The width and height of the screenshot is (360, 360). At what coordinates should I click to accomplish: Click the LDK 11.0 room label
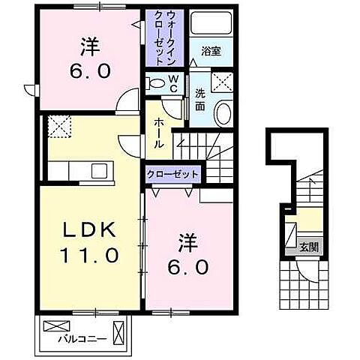[x=87, y=241]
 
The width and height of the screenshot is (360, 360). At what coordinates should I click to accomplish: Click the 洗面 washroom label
[x=200, y=100]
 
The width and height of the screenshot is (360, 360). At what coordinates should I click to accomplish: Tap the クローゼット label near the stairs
[x=173, y=173]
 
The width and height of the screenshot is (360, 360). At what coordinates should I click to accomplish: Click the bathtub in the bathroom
[x=211, y=22]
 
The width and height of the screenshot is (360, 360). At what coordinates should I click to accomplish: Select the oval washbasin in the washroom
[x=223, y=114]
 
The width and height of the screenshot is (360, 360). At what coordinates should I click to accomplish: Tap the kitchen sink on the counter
[x=100, y=171]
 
